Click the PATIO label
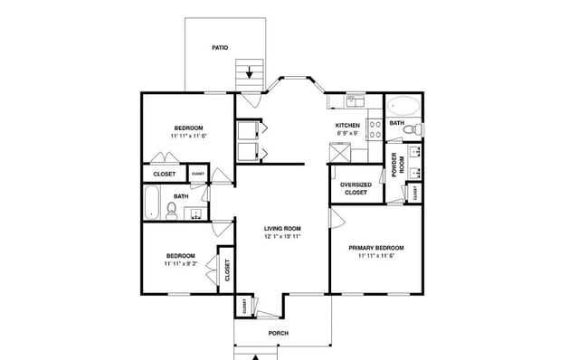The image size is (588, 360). click(220, 47)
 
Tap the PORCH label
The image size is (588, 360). click(279, 333)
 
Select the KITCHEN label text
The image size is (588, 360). click(348, 126)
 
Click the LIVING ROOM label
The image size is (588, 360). click(282, 228)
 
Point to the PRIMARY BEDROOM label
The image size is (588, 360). click(376, 248)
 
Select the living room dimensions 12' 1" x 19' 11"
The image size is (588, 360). click(282, 237)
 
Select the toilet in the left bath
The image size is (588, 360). click(171, 211)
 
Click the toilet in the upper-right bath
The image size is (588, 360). click(412, 131)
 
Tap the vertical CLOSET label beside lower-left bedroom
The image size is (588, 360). click(226, 270)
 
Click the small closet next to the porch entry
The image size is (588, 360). click(244, 306)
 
